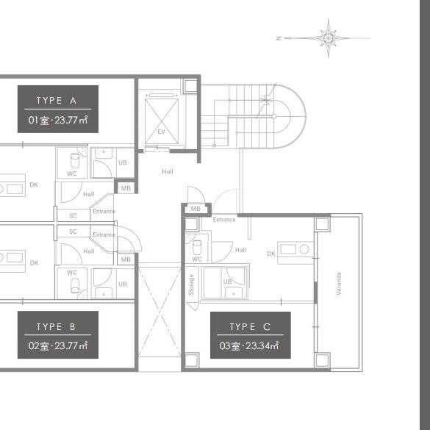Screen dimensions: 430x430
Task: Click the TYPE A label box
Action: (x=58, y=109)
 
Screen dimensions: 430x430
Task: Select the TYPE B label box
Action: (x=58, y=335)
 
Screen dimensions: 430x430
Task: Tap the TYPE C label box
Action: (x=251, y=335)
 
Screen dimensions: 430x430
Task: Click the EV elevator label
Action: (x=162, y=132)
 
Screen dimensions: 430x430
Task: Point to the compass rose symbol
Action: (x=329, y=38)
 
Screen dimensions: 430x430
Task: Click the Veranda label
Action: (x=339, y=284)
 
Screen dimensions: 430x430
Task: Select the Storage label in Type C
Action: (x=191, y=285)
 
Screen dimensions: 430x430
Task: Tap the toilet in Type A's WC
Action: (x=75, y=161)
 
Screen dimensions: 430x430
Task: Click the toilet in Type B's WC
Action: (x=75, y=286)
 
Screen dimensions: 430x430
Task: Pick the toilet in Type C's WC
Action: (x=197, y=248)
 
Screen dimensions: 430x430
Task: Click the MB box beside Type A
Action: (x=126, y=188)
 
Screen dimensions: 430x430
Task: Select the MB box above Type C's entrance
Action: (x=196, y=209)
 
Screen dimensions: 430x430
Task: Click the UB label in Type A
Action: (x=123, y=162)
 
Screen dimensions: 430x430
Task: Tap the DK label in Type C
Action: (x=271, y=254)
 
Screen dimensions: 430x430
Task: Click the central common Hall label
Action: (x=168, y=172)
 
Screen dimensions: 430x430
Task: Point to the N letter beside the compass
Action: (x=279, y=38)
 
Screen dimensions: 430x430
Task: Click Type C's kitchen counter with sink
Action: (x=295, y=253)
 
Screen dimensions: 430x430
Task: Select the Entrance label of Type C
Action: (x=224, y=219)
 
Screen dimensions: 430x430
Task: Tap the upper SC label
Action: (x=73, y=216)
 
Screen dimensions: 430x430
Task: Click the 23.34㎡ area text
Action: (x=262, y=345)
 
